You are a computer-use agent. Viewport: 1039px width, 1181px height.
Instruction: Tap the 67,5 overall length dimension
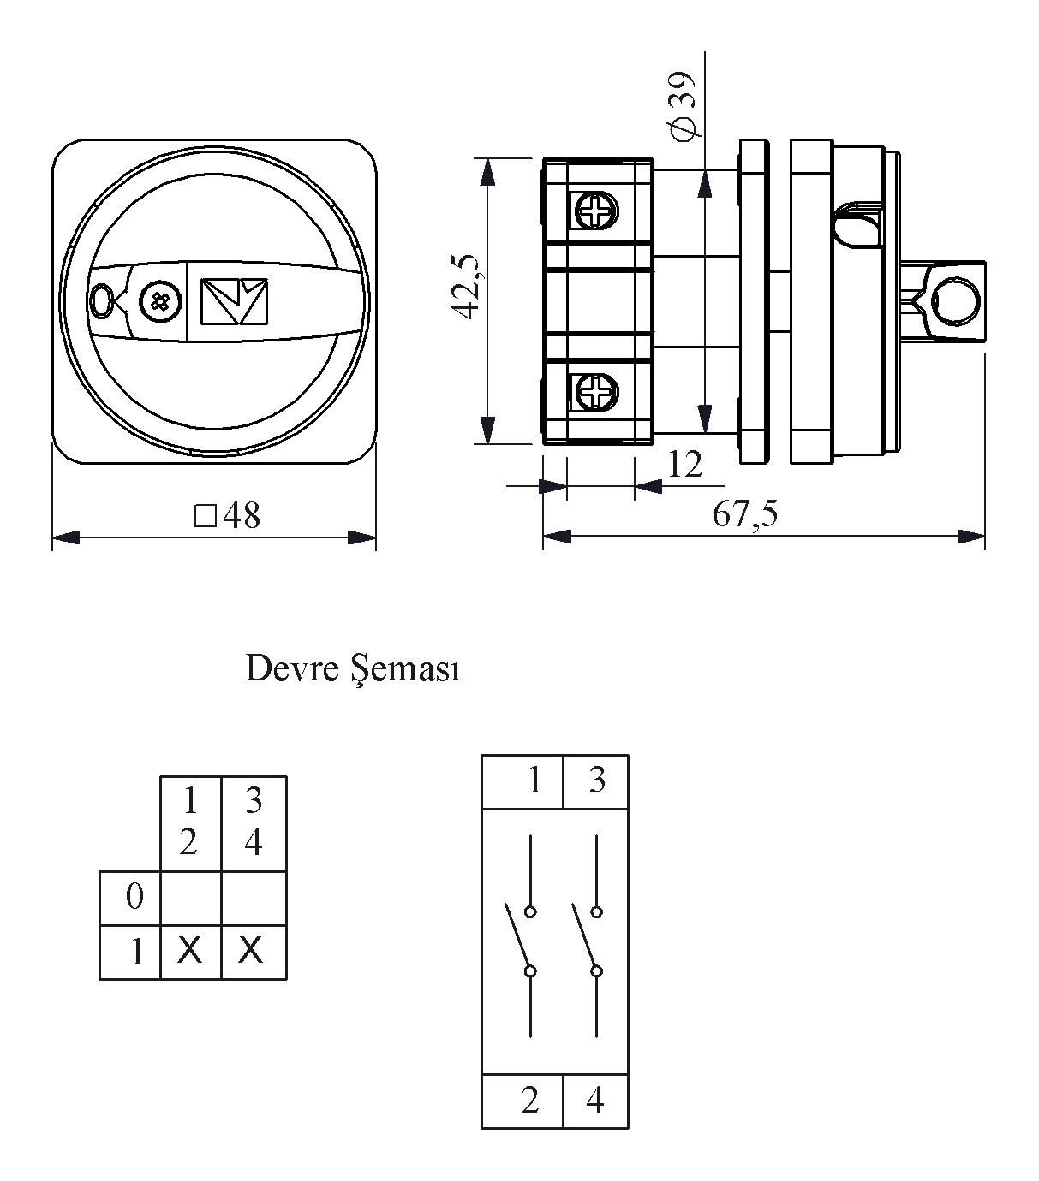[x=745, y=514]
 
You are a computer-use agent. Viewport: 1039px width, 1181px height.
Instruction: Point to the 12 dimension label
[x=684, y=465]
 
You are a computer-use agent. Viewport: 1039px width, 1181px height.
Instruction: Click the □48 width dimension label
[x=227, y=515]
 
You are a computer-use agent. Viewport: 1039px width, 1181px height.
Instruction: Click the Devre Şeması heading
[x=353, y=668]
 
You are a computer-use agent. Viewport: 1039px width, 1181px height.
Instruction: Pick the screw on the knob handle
[x=160, y=301]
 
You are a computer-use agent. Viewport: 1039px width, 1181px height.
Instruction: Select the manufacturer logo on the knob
[x=234, y=301]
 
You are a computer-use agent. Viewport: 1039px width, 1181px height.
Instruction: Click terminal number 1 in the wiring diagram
[x=534, y=780]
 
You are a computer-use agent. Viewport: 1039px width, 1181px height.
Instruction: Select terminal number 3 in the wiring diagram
[x=596, y=780]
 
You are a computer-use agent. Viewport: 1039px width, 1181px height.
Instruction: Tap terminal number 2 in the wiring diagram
[x=530, y=1101]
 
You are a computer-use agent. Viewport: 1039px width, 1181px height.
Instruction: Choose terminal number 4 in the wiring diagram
[x=595, y=1101]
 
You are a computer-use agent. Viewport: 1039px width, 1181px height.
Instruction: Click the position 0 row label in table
[x=134, y=898]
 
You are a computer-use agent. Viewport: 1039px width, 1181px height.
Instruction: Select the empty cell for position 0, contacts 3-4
[x=254, y=898]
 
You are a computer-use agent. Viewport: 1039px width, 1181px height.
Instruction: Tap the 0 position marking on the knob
[x=101, y=300]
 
